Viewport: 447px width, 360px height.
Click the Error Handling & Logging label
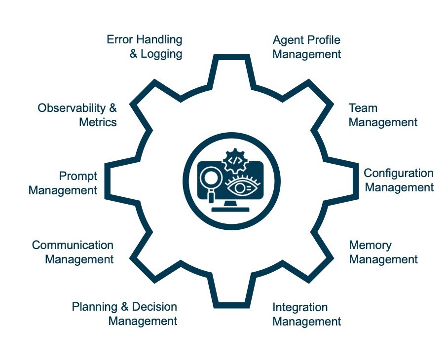click(145, 46)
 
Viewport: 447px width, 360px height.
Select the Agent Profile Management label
click(306, 47)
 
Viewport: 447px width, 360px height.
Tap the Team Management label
click(383, 115)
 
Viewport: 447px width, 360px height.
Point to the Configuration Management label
click(399, 180)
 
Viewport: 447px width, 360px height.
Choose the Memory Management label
click(383, 252)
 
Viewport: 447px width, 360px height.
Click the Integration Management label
click(306, 315)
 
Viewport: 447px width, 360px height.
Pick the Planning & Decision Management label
click(124, 314)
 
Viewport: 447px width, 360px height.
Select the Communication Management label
click(73, 252)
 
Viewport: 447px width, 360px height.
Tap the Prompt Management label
click(63, 183)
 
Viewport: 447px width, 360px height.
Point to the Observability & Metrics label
click(77, 115)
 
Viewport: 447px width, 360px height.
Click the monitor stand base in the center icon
click(231, 209)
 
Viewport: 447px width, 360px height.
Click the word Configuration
click(399, 173)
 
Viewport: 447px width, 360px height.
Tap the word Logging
click(161, 54)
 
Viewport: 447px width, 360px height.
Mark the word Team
click(363, 108)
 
